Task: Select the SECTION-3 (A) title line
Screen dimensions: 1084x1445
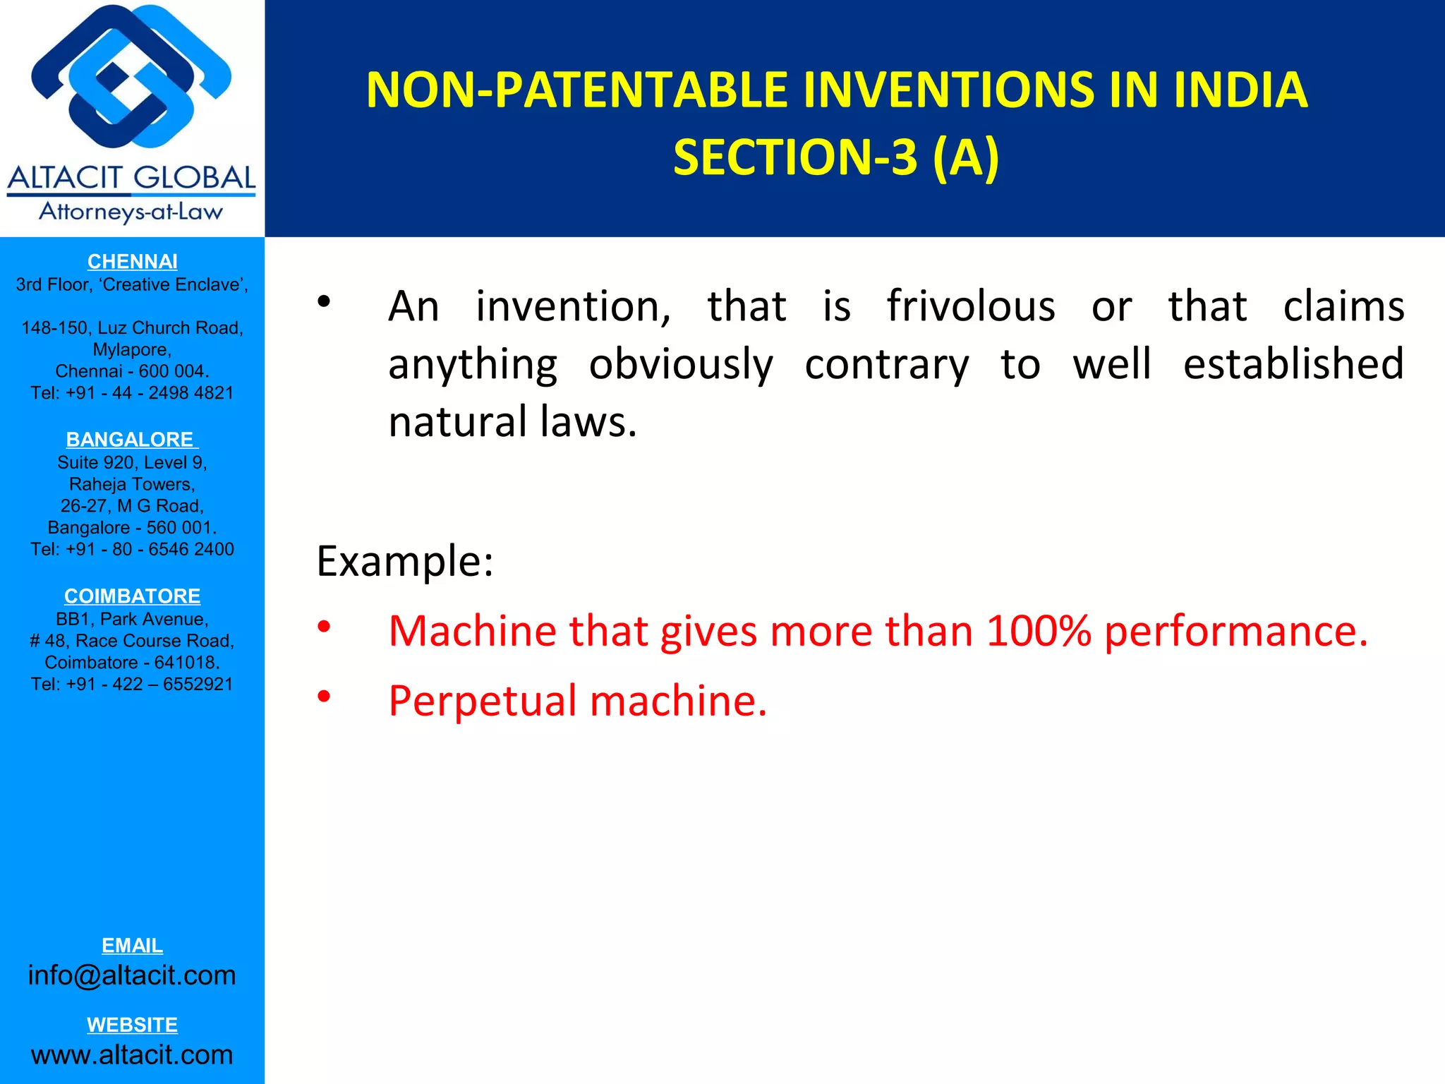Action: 836,157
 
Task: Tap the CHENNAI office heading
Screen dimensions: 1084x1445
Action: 132,262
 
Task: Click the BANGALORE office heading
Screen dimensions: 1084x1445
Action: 131,440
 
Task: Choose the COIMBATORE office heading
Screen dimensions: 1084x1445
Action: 132,596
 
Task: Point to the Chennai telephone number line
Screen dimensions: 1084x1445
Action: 132,393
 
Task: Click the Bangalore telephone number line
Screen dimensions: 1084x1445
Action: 132,550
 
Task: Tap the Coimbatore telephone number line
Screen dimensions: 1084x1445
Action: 132,685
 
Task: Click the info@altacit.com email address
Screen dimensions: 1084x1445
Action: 132,976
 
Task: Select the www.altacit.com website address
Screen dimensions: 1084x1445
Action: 132,1055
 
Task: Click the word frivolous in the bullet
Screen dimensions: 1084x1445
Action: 971,306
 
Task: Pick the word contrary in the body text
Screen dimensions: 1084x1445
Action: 886,365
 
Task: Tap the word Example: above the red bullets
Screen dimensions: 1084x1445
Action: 404,562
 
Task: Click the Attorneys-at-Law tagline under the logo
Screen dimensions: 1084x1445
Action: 131,212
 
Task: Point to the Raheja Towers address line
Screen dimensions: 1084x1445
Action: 132,485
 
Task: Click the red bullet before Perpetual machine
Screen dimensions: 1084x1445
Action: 324,697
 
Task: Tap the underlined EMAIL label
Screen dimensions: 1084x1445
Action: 132,946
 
